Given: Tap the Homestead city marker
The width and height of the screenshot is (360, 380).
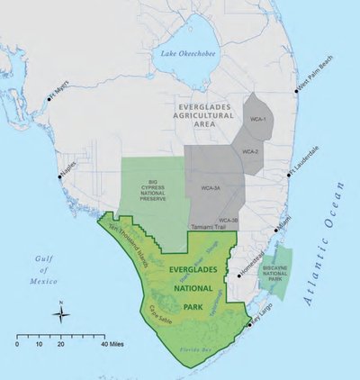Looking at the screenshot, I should coord(238,276).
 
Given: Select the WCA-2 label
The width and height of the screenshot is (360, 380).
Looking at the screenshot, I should coord(250,152).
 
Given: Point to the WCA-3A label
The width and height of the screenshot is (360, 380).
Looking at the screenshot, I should coord(210,189).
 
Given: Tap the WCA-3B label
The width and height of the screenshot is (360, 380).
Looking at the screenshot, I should coord(229,220).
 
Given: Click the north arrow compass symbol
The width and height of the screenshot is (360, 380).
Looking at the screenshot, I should coord(60,312).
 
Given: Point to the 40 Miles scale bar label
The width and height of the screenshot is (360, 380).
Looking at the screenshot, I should coord(113,344).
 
